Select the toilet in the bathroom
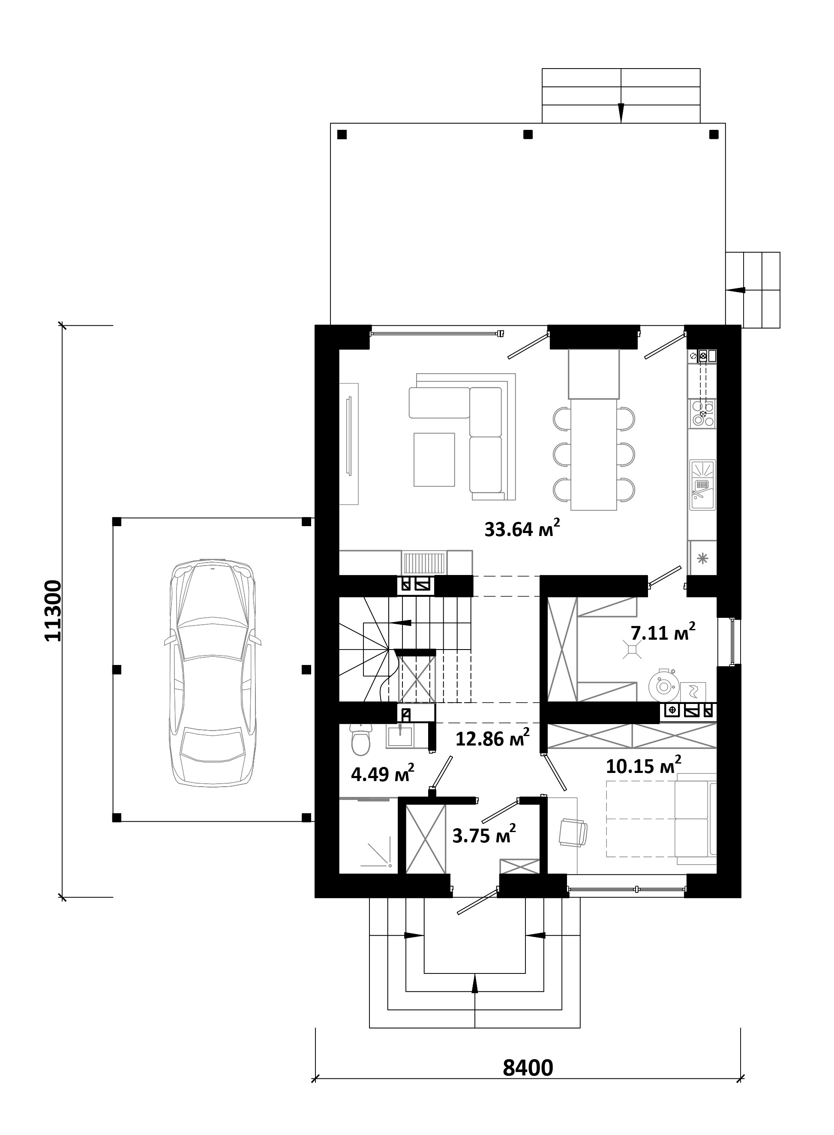pyautogui.click(x=360, y=740)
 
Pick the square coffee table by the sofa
pyautogui.click(x=434, y=459)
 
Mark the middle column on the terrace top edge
pyautogui.click(x=528, y=134)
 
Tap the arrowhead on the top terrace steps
pyautogui.click(x=621, y=113)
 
